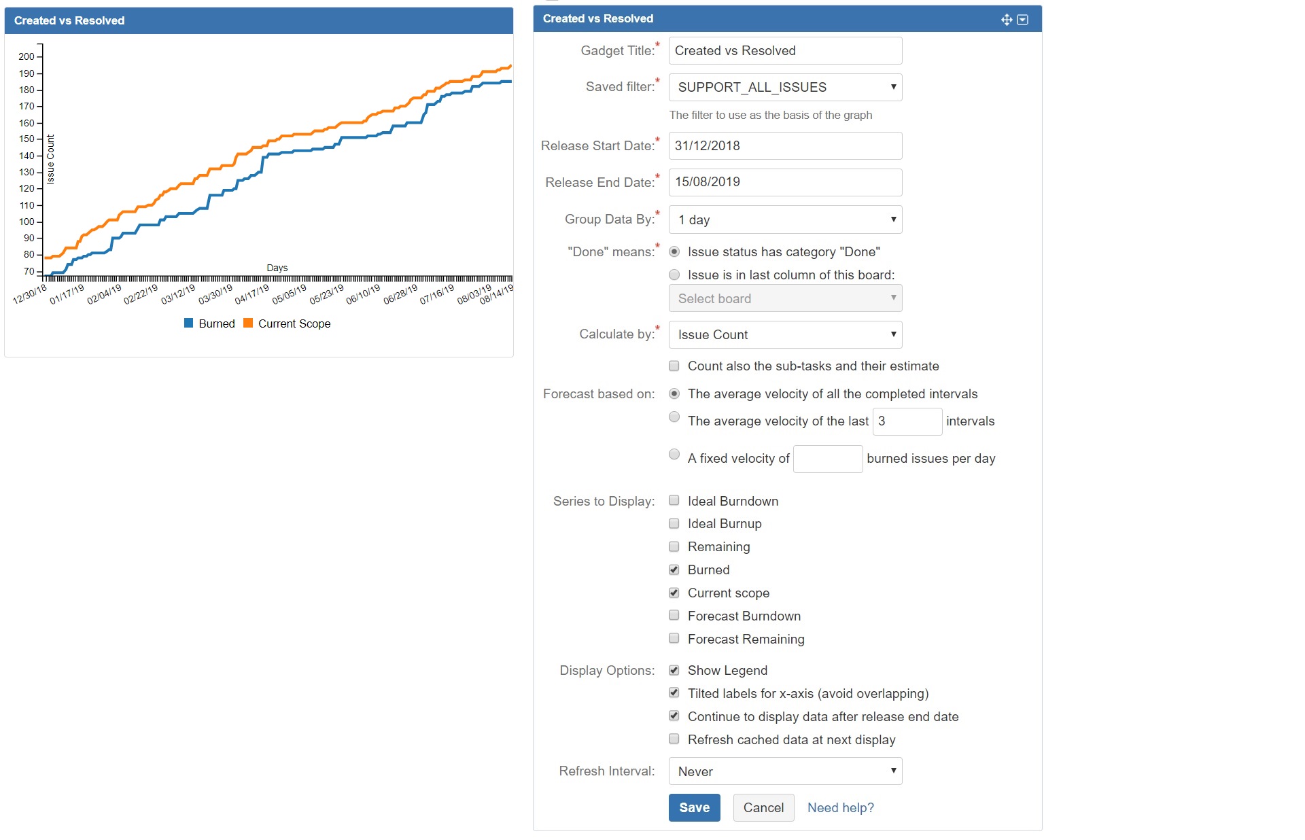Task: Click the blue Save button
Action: [x=694, y=807]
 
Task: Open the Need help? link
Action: [x=840, y=807]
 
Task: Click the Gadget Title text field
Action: [x=785, y=51]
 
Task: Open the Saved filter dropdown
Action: [x=785, y=87]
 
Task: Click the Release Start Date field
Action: [x=785, y=145]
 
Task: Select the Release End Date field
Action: [x=785, y=182]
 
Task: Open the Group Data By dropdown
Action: [x=785, y=220]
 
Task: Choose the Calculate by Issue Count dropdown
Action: [x=785, y=334]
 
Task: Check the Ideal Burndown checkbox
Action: [x=674, y=501]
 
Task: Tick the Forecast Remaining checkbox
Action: [x=674, y=639]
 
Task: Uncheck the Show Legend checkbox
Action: [x=674, y=670]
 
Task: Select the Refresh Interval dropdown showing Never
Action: [x=785, y=771]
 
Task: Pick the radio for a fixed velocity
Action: [x=674, y=455]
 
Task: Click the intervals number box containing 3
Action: [x=907, y=421]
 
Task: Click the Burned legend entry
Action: [x=210, y=323]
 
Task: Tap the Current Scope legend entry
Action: [x=288, y=323]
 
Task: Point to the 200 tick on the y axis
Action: [x=27, y=56]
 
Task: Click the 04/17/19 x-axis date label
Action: [x=252, y=294]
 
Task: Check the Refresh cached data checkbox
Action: [x=674, y=739]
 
